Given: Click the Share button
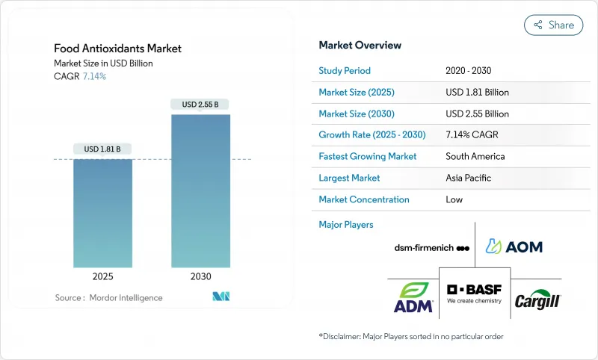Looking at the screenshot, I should pyautogui.click(x=553, y=25).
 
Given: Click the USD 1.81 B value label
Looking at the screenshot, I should pyautogui.click(x=102, y=149).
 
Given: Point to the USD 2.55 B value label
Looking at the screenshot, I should pyautogui.click(x=200, y=105).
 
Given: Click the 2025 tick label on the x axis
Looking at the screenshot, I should pyautogui.click(x=102, y=276).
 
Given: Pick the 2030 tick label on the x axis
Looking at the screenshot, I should pyautogui.click(x=200, y=276).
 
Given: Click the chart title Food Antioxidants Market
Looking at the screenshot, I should pyautogui.click(x=117, y=49).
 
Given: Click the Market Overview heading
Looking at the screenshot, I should pyautogui.click(x=360, y=46).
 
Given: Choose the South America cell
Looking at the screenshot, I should pyautogui.click(x=475, y=157).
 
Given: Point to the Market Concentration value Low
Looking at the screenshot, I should pyautogui.click(x=454, y=199).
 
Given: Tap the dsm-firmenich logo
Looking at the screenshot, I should pyautogui.click(x=432, y=248).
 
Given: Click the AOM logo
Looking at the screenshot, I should pyautogui.click(x=514, y=246).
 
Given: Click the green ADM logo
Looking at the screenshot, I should pyautogui.click(x=413, y=297).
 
